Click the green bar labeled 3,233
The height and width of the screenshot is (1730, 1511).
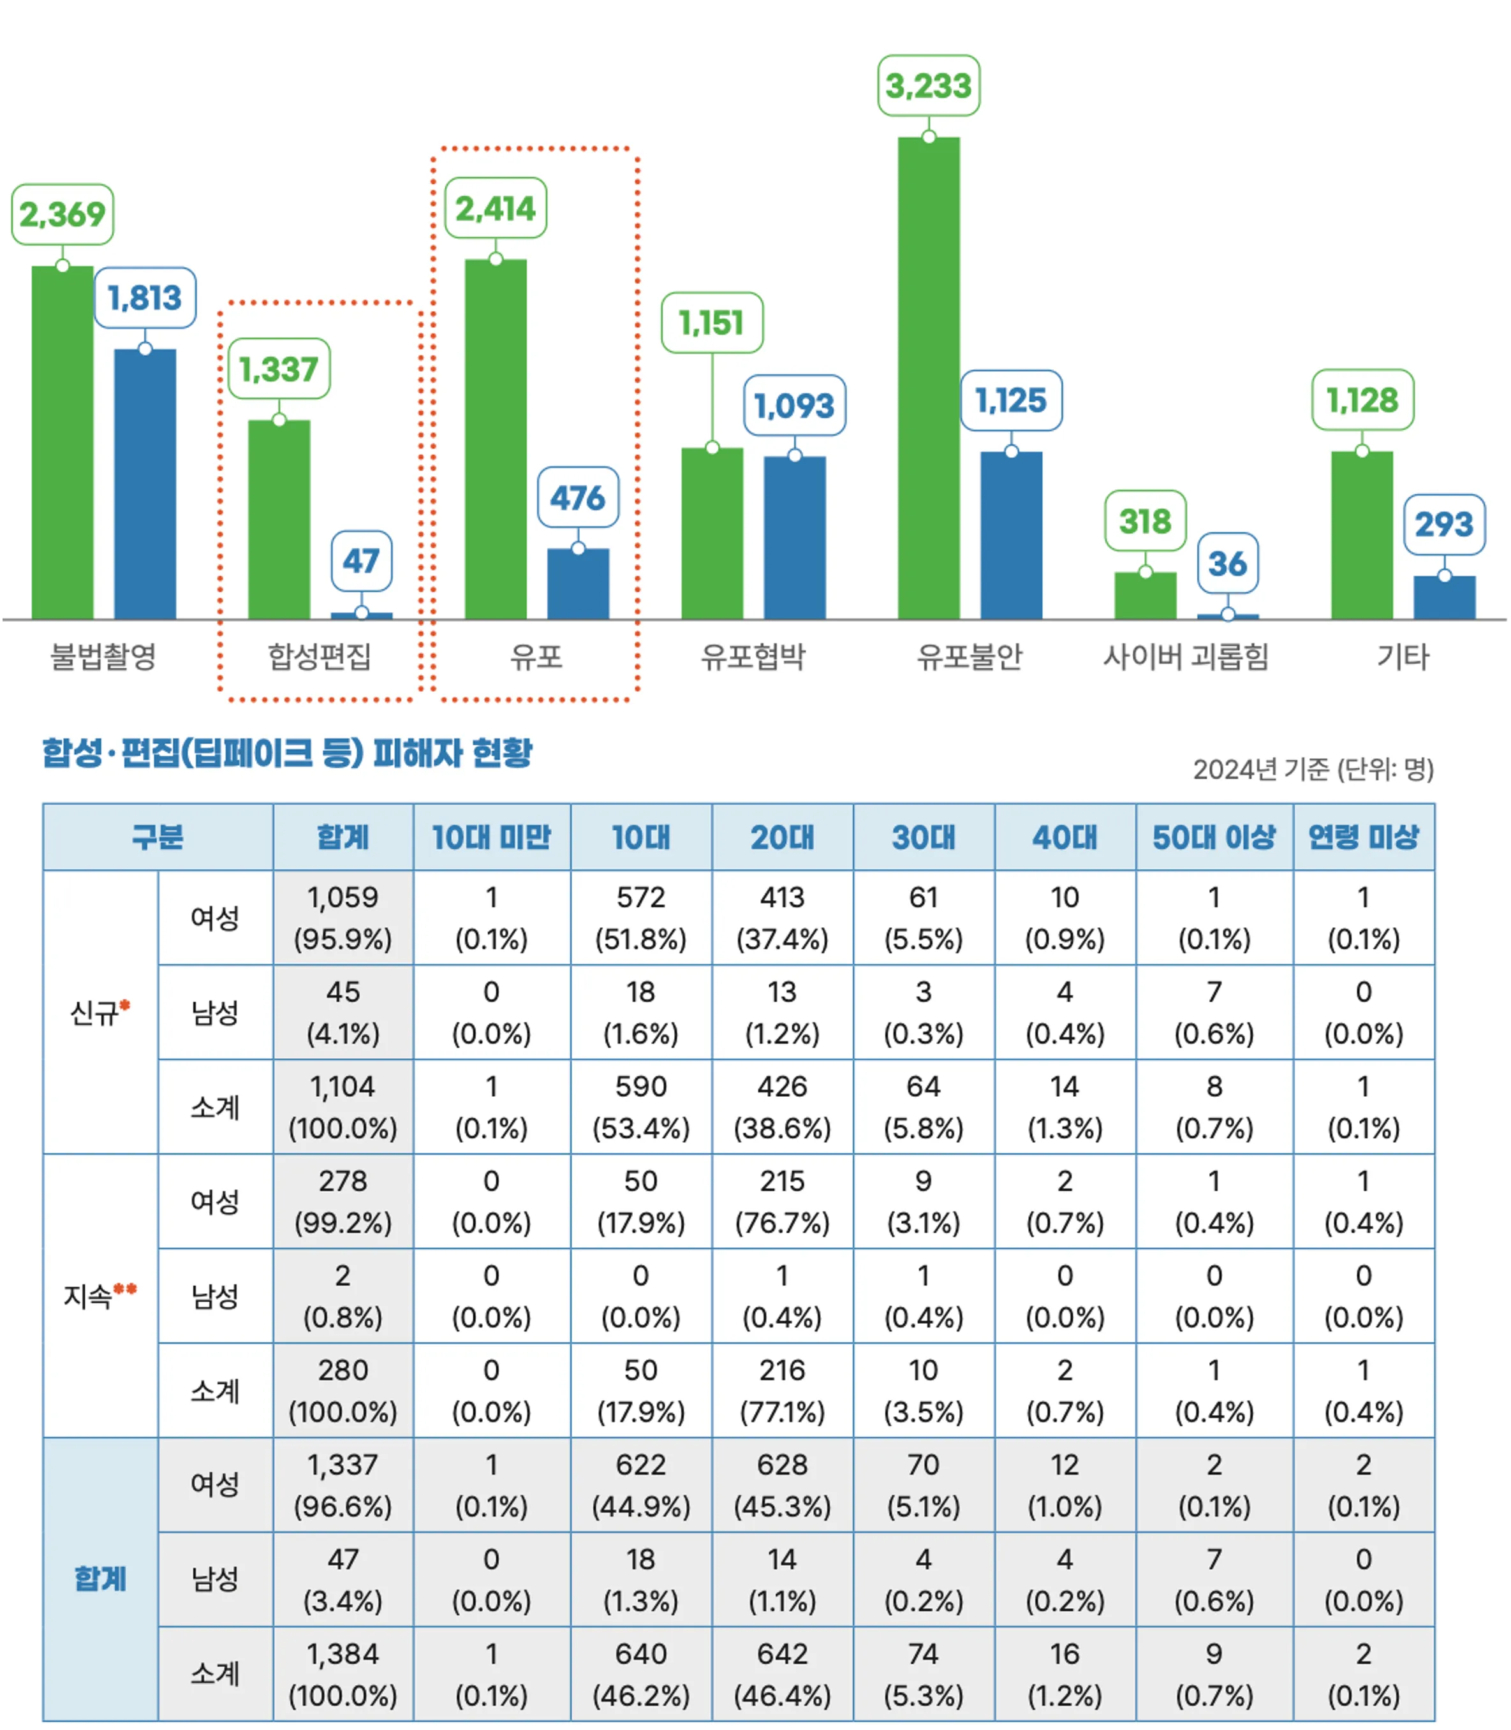(x=929, y=379)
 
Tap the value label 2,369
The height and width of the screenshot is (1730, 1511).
(x=63, y=214)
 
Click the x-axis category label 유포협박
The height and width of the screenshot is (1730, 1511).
(x=753, y=656)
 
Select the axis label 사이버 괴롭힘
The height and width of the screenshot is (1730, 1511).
(x=1186, y=656)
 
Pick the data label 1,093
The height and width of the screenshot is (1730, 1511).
(x=794, y=406)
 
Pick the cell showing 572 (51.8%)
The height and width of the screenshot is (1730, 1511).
(x=641, y=917)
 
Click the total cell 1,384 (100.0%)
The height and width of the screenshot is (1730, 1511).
(x=343, y=1673)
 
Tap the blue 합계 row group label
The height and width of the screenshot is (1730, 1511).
(x=100, y=1578)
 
